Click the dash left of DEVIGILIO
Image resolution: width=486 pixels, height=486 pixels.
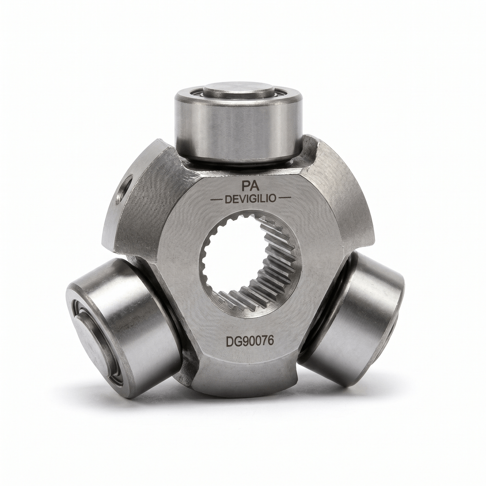tap(216, 200)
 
